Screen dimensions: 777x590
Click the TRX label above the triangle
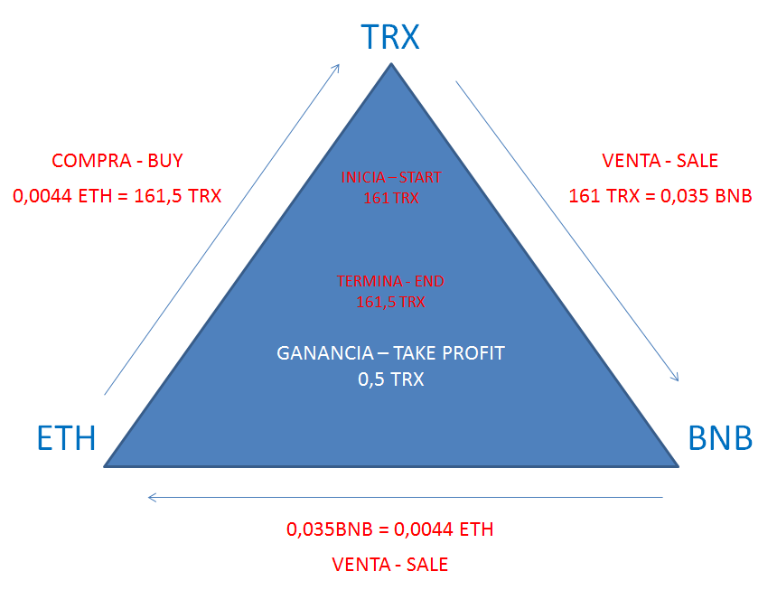pyautogui.click(x=390, y=37)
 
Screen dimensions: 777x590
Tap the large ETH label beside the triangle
pyautogui.click(x=66, y=438)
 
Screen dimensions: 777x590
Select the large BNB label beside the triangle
pyautogui.click(x=720, y=438)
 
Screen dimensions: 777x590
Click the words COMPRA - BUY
pyautogui.click(x=117, y=161)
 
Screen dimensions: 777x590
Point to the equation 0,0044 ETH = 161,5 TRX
pyautogui.click(x=117, y=196)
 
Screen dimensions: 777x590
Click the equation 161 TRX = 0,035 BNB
pyautogui.click(x=660, y=196)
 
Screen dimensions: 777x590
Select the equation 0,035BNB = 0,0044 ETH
pyautogui.click(x=390, y=529)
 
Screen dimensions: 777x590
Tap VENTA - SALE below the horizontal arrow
pyautogui.click(x=390, y=565)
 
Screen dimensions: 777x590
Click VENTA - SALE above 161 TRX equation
pyautogui.click(x=660, y=161)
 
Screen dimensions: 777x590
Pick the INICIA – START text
pyautogui.click(x=391, y=177)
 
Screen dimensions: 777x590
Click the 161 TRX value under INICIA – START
pyautogui.click(x=391, y=198)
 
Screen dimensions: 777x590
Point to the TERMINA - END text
pyautogui.click(x=390, y=281)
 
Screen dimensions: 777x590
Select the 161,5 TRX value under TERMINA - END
pyautogui.click(x=390, y=302)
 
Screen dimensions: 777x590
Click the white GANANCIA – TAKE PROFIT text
pyautogui.click(x=390, y=353)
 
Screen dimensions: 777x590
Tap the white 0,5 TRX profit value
pyautogui.click(x=391, y=379)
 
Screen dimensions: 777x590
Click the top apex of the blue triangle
pyautogui.click(x=391, y=63)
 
